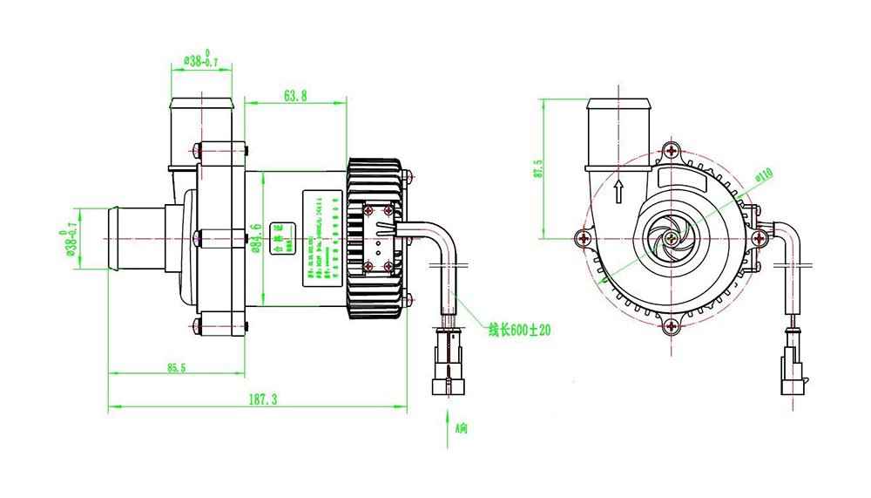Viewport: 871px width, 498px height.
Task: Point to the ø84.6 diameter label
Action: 255,237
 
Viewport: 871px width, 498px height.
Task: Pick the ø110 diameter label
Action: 763,174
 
